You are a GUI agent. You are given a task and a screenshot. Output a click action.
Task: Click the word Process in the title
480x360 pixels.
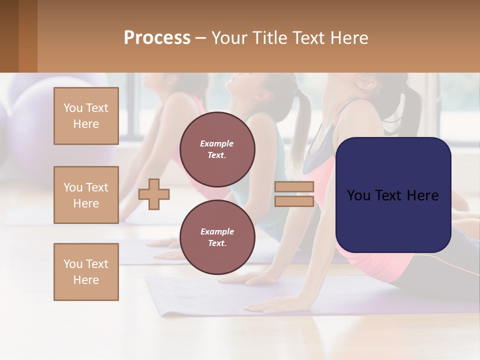pyautogui.click(x=157, y=38)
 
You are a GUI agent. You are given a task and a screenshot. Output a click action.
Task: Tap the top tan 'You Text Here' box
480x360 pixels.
pyautogui.click(x=86, y=116)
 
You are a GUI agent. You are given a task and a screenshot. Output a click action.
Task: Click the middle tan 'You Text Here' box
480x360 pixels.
pyautogui.click(x=86, y=195)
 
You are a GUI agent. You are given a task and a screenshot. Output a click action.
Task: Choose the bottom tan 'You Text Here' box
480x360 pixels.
pyautogui.click(x=86, y=272)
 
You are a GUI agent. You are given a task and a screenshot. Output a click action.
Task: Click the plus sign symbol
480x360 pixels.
pyautogui.click(x=154, y=194)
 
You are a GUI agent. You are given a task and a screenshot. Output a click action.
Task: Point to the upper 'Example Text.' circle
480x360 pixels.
pyautogui.click(x=217, y=149)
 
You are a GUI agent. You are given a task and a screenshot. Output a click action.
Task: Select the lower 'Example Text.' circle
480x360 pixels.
pyautogui.click(x=217, y=237)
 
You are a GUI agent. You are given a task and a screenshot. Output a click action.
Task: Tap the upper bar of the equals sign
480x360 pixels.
pyautogui.click(x=294, y=187)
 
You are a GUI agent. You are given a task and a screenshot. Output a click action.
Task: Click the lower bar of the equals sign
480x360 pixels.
pyautogui.click(x=294, y=201)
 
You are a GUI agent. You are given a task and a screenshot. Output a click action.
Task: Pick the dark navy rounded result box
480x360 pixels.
pyautogui.click(x=393, y=195)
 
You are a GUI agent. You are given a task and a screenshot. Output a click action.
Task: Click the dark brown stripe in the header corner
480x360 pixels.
pyautogui.click(x=9, y=36)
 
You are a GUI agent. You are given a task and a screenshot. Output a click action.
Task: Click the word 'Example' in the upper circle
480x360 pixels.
pyautogui.click(x=217, y=143)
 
